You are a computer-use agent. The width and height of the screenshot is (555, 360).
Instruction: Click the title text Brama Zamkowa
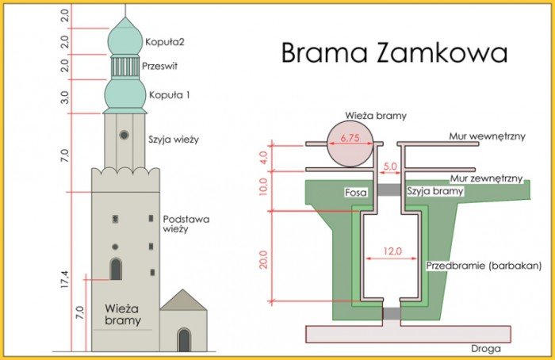click(394, 53)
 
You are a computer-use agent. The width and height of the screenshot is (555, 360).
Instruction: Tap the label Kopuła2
click(165, 42)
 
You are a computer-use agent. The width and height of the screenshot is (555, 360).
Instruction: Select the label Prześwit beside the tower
click(159, 66)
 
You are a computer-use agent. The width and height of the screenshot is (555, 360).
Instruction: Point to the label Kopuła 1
click(170, 95)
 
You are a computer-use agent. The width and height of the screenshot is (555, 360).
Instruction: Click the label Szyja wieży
click(174, 140)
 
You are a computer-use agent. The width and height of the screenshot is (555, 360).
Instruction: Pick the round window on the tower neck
click(124, 135)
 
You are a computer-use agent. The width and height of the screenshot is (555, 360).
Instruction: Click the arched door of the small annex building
click(184, 340)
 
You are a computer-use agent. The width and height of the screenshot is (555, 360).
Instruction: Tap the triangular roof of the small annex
click(183, 301)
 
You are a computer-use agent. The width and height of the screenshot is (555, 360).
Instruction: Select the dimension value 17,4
click(65, 279)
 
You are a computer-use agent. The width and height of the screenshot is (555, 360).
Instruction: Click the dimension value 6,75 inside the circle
click(350, 138)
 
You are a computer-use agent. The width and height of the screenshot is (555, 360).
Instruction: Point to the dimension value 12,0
click(392, 251)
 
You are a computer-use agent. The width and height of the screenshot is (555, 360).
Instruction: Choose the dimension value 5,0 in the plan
click(390, 166)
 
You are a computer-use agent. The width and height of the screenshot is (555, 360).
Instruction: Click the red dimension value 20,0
click(264, 259)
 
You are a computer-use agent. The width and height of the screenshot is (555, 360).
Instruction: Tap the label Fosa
click(356, 192)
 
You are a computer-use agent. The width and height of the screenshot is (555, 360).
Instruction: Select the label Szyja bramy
click(435, 192)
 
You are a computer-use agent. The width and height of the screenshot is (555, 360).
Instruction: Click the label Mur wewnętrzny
click(487, 136)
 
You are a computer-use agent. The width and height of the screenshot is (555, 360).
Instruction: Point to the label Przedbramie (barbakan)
click(484, 266)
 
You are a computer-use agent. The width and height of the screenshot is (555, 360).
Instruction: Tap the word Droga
click(485, 349)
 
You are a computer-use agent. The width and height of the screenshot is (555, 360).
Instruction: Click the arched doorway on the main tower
click(116, 269)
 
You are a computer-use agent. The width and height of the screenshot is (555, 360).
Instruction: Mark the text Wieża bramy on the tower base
click(123, 314)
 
